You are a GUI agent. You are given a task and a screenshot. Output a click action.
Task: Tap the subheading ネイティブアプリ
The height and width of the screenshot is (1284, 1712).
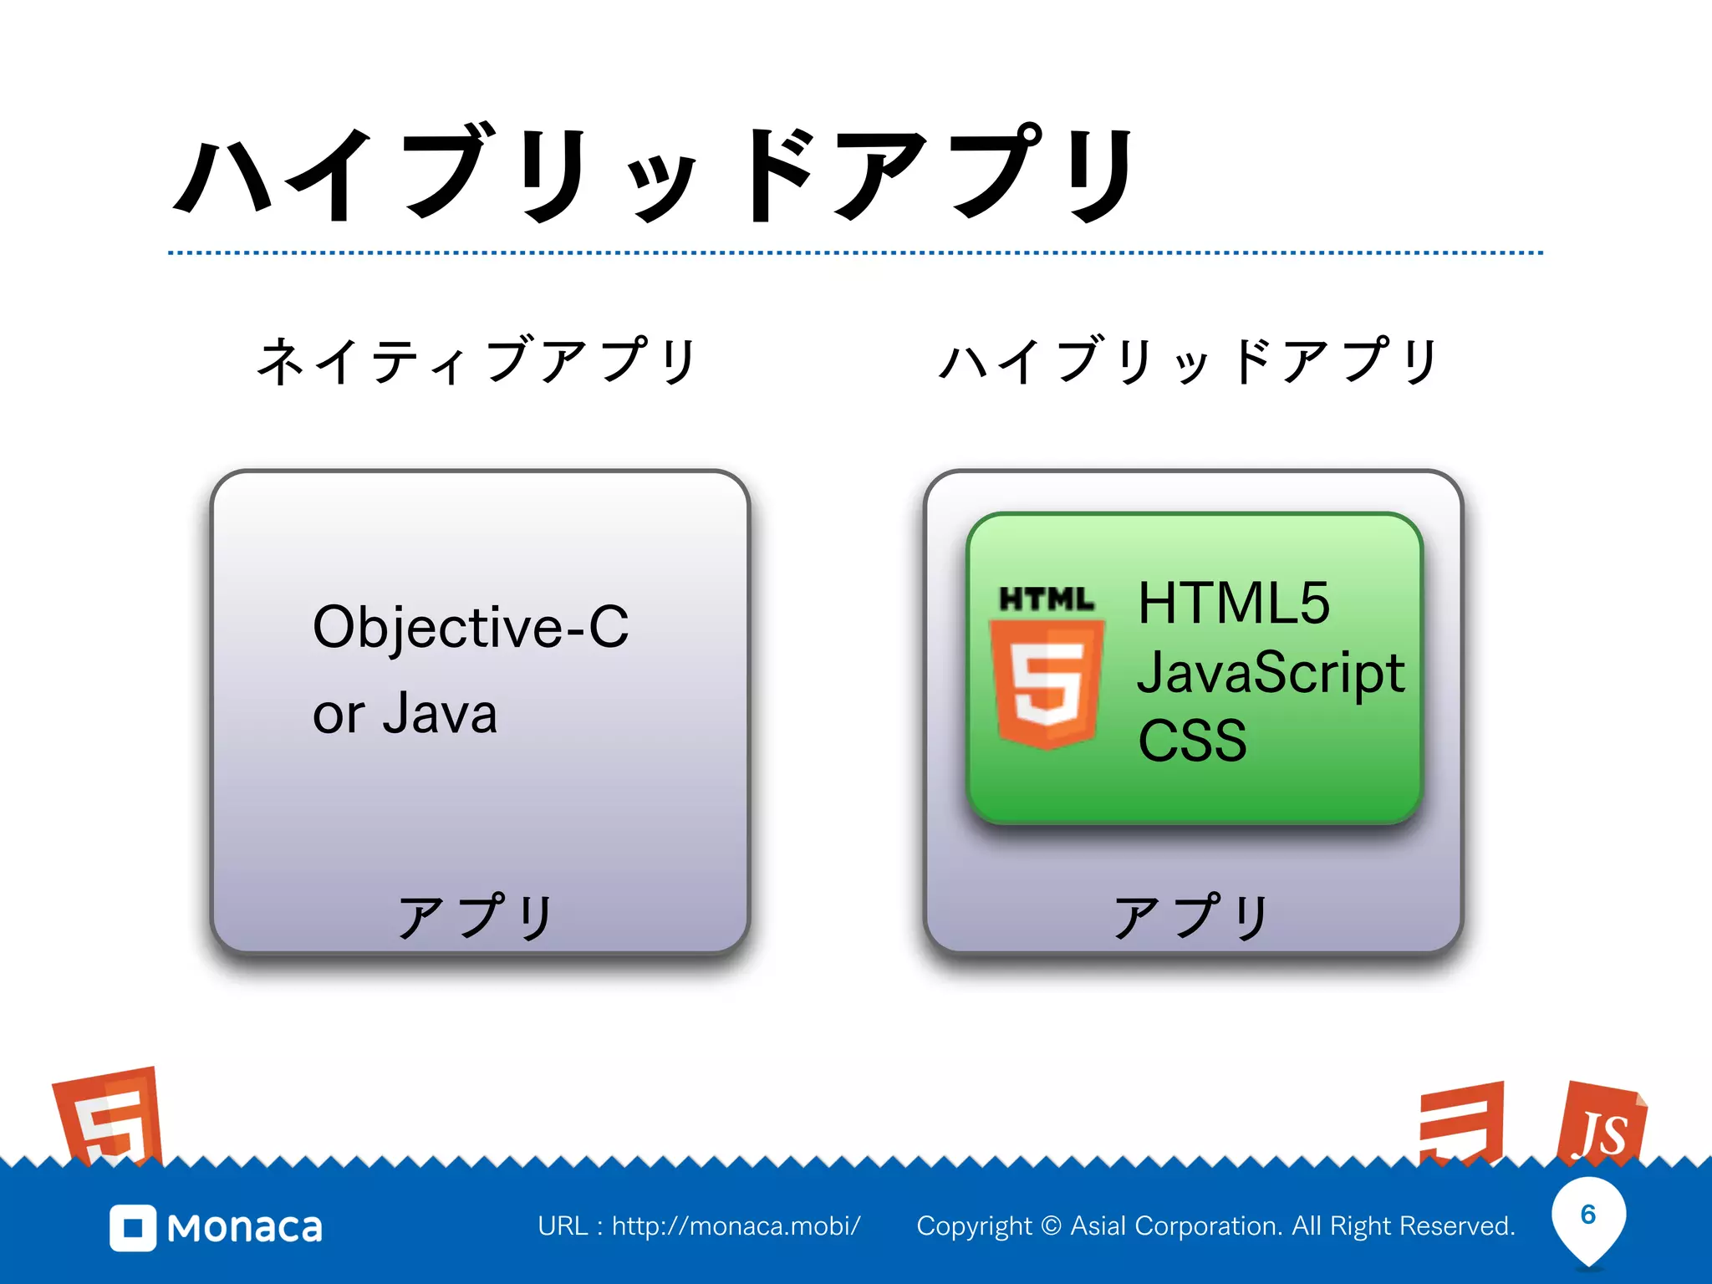pos(476,361)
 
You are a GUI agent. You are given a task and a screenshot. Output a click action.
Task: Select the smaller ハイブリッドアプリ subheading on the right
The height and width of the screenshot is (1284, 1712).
pos(1188,361)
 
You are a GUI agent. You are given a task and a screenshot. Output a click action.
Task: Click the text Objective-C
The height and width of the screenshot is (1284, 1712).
pos(470,627)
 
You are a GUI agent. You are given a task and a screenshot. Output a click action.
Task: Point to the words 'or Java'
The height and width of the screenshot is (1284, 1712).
pos(405,714)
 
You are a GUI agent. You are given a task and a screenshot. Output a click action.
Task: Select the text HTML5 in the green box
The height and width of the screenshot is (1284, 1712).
pos(1233,603)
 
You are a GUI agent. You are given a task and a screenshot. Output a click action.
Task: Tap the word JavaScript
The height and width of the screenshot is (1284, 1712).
pos(1271,673)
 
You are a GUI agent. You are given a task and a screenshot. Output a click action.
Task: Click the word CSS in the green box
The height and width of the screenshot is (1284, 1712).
pos(1192,741)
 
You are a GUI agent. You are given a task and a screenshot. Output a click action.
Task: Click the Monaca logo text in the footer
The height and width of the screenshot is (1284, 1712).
pos(244,1228)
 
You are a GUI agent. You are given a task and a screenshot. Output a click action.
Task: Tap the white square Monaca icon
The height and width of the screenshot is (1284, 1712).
pos(132,1228)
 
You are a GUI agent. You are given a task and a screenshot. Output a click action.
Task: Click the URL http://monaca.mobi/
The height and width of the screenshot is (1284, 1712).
pos(736,1226)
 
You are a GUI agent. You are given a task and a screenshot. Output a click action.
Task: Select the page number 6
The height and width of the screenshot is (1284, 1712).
pos(1588,1215)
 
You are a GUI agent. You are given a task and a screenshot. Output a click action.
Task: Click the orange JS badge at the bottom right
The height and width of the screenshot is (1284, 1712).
pos(1601,1124)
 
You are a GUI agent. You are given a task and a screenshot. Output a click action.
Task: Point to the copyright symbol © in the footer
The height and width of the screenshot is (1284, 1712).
pos(1052,1226)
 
